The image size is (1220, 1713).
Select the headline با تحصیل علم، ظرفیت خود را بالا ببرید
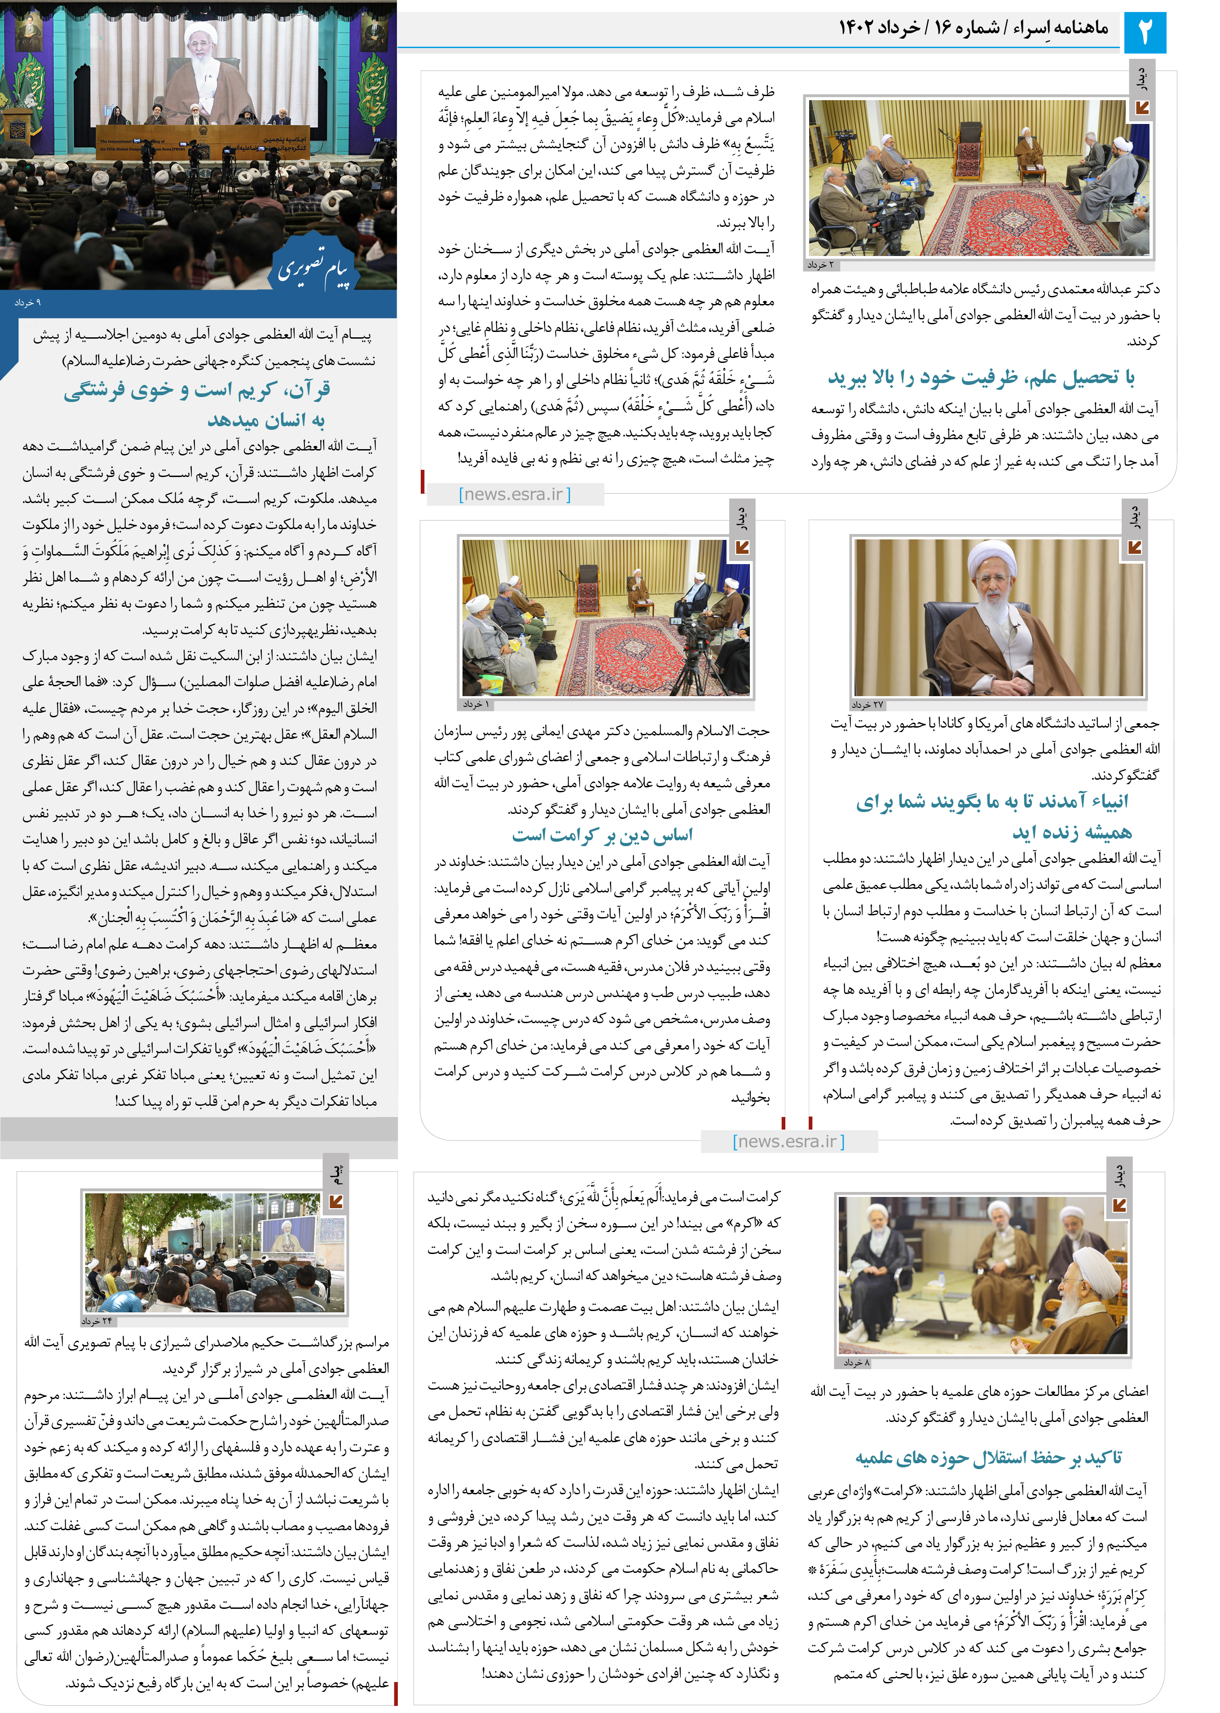coord(981,377)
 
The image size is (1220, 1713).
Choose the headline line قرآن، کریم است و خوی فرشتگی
coord(197,389)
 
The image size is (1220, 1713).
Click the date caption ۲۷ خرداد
coord(868,705)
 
